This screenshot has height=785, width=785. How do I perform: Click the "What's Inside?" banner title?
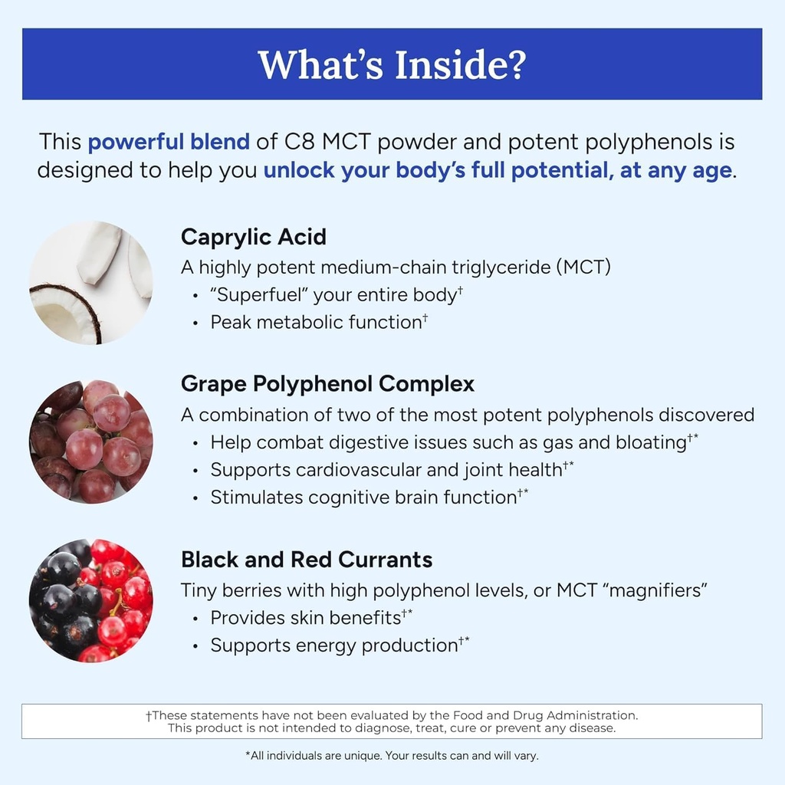(x=392, y=64)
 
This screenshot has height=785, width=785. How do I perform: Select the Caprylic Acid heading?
(x=254, y=237)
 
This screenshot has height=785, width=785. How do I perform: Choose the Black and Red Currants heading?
(x=307, y=560)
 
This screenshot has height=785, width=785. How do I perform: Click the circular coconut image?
(x=90, y=282)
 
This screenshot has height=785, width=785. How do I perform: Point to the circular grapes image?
(x=90, y=441)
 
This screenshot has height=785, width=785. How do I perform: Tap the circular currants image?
(x=90, y=600)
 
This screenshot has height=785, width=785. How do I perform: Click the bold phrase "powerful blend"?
(x=169, y=142)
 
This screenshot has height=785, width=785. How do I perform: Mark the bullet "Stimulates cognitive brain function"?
(x=363, y=497)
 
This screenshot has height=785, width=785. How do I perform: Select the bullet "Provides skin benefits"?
(x=306, y=617)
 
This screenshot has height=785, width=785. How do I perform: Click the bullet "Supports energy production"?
(x=334, y=645)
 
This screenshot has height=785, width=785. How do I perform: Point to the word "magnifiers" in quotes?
(x=652, y=590)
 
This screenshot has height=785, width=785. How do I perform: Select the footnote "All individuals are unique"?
(x=322, y=755)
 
